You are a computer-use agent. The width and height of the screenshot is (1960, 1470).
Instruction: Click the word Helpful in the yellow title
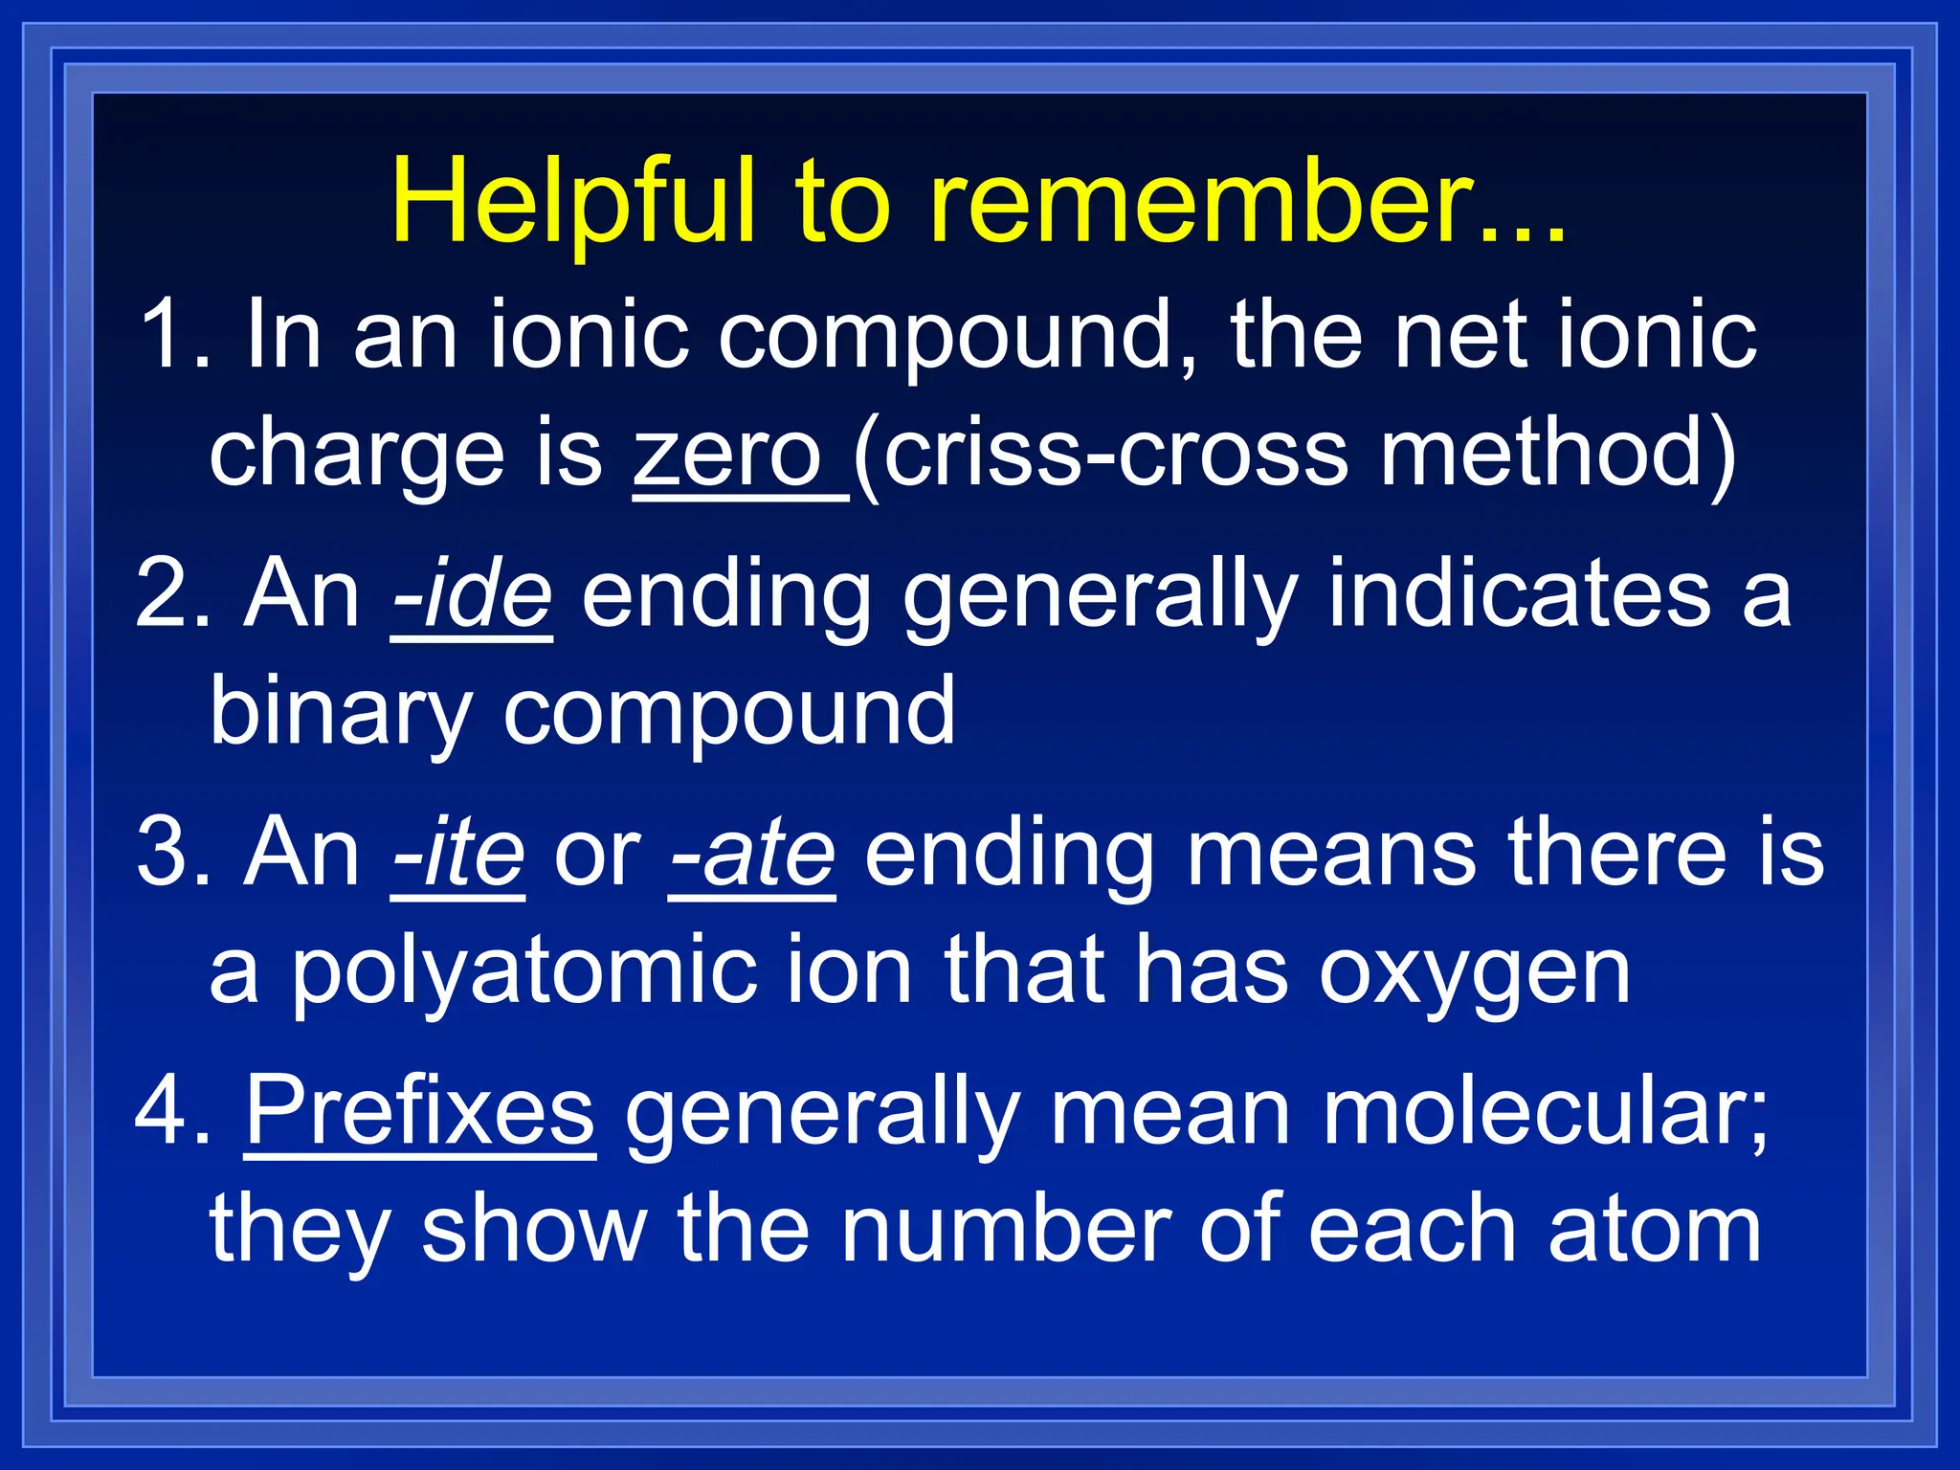click(x=575, y=203)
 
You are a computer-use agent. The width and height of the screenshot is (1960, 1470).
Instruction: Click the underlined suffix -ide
click(x=472, y=595)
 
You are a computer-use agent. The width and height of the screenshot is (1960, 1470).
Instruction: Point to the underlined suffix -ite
click(x=458, y=854)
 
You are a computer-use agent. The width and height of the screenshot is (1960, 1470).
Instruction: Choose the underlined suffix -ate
click(x=752, y=854)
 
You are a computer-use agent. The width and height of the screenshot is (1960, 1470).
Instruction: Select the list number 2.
click(x=167, y=595)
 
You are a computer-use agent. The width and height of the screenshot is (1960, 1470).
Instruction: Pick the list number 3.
click(x=167, y=854)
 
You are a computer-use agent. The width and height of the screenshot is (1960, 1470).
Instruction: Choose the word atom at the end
click(x=1655, y=1231)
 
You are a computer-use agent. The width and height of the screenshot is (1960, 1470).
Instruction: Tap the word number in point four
click(x=1006, y=1231)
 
